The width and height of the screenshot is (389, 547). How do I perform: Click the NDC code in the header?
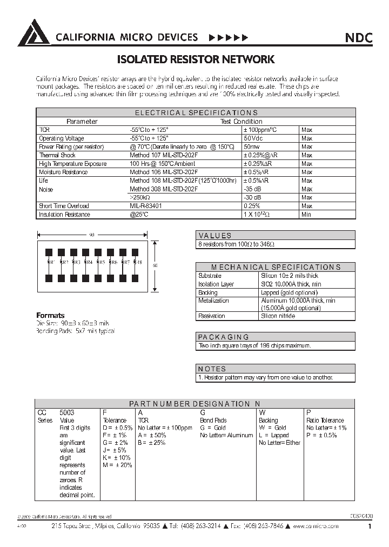(x=358, y=38)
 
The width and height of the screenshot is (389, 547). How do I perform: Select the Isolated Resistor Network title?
(x=196, y=59)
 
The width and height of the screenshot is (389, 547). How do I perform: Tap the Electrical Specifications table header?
(x=196, y=113)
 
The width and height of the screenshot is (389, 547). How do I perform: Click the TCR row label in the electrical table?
(x=44, y=130)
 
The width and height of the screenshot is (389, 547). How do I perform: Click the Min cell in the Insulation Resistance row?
(x=306, y=215)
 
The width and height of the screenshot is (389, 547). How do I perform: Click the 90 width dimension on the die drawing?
(x=92, y=235)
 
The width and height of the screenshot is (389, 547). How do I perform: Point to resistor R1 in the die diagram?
(x=49, y=262)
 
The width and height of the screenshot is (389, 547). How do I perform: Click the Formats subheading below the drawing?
(x=50, y=315)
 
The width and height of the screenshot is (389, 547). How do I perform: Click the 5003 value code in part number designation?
(x=68, y=412)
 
